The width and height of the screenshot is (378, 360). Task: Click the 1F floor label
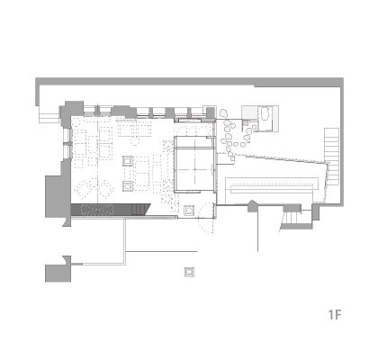click(335, 315)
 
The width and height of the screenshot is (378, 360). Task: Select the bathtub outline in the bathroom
click(265, 114)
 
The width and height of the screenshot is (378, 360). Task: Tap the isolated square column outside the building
click(189, 272)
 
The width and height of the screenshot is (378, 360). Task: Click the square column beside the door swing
click(189, 211)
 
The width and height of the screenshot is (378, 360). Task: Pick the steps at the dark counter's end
click(140, 209)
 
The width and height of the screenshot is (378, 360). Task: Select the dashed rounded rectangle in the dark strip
click(97, 210)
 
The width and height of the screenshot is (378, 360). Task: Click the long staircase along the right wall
click(331, 156)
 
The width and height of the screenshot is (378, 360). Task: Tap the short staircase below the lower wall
click(291, 218)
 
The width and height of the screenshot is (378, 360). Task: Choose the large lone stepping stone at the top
click(223, 113)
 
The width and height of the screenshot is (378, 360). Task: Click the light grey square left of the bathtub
click(250, 112)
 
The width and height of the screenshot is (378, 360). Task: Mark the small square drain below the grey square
click(246, 122)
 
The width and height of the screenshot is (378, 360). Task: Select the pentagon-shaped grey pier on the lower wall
click(252, 206)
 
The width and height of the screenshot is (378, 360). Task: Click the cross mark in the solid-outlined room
click(194, 169)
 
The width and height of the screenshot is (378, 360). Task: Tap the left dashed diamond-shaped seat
click(85, 189)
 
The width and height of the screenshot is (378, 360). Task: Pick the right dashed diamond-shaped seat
click(105, 189)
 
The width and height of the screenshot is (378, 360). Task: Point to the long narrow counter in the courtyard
click(272, 185)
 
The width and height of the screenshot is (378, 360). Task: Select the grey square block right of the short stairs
click(316, 211)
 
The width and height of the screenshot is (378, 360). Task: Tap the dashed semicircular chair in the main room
click(135, 141)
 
